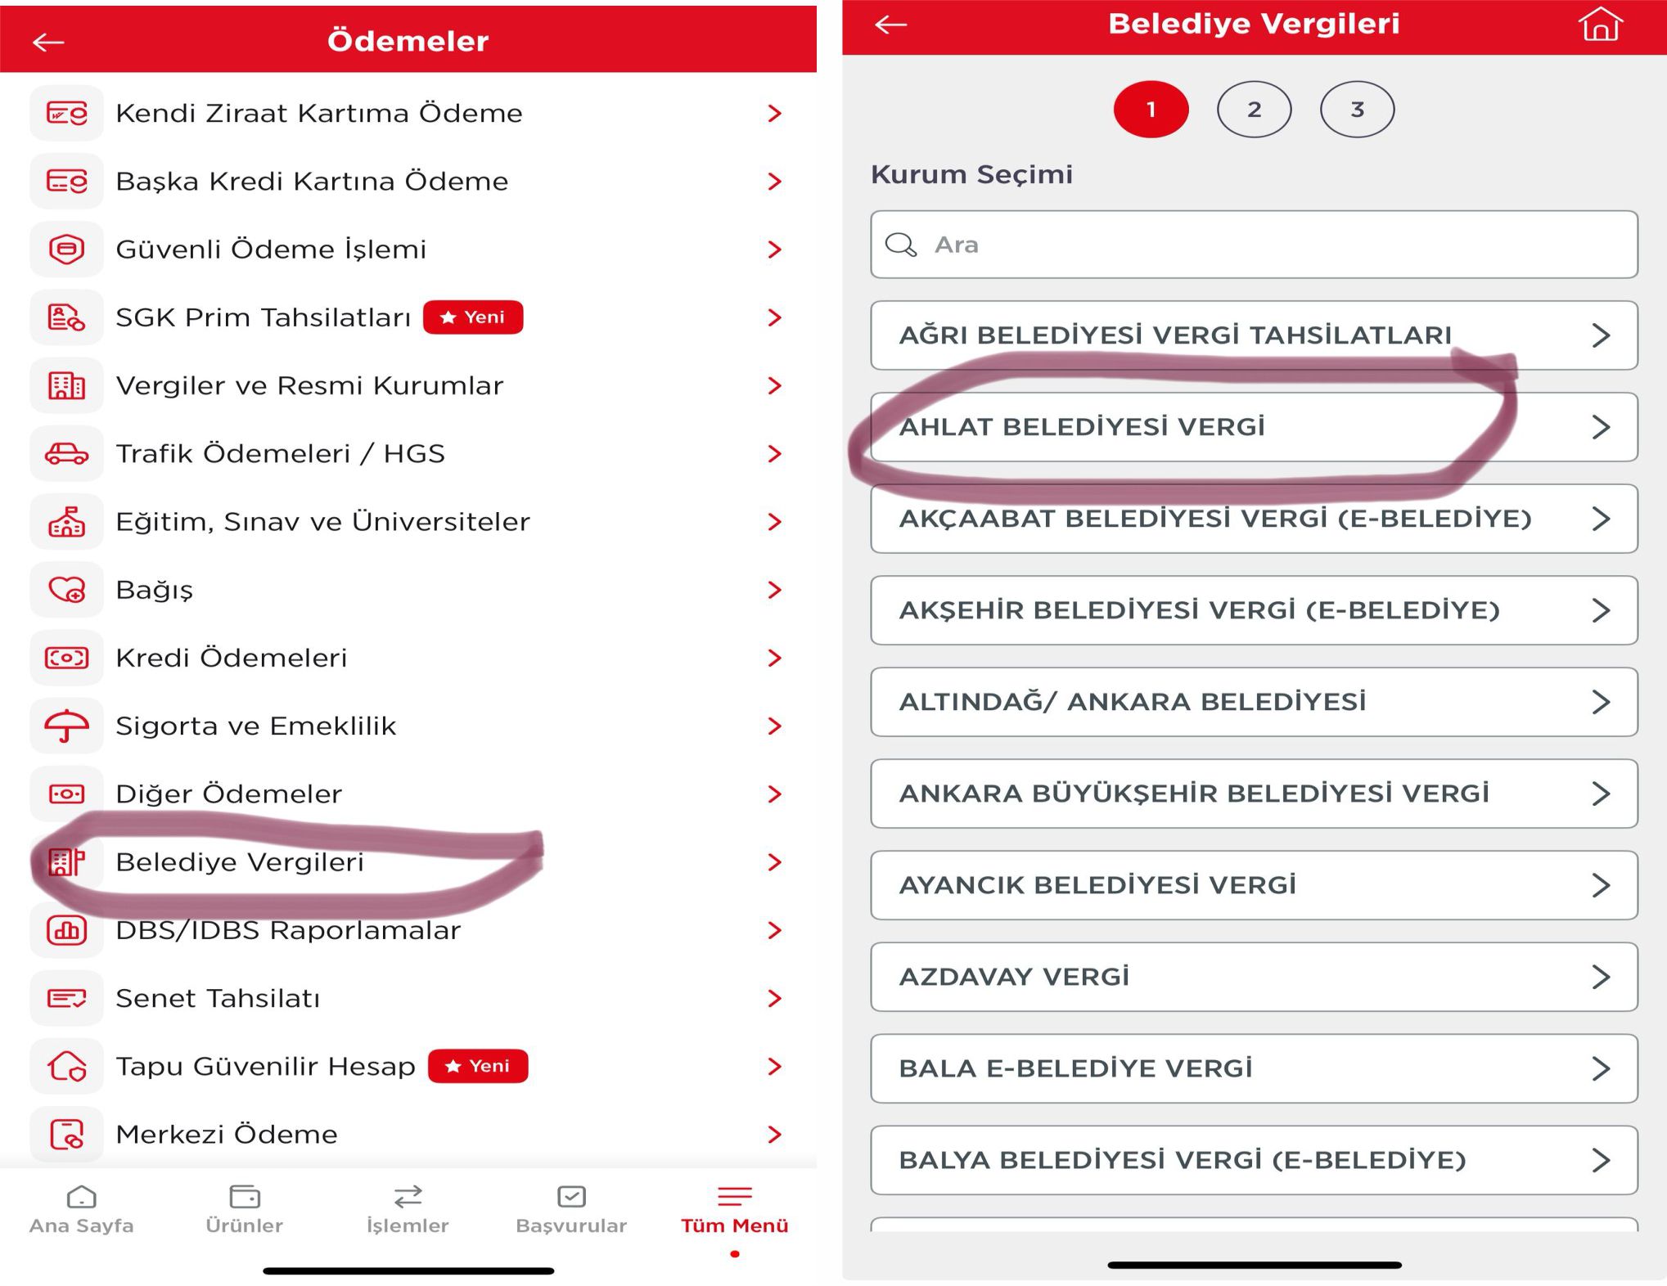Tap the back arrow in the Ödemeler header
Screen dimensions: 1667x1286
click(48, 42)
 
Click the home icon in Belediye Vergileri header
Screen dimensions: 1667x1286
click(1600, 24)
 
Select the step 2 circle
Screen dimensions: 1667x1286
click(1254, 110)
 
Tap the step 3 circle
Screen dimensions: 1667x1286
click(1357, 110)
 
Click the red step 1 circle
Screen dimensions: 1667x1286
click(1151, 110)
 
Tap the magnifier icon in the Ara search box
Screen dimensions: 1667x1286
click(901, 245)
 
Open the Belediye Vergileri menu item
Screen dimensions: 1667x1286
click(240, 862)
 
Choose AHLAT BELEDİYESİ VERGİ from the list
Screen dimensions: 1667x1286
click(1254, 427)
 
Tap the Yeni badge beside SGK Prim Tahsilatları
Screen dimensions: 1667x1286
click(473, 317)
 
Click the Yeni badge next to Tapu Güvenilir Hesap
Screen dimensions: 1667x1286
click(478, 1066)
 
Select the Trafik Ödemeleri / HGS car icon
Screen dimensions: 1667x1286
click(66, 453)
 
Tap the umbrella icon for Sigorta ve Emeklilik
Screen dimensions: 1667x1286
click(66, 726)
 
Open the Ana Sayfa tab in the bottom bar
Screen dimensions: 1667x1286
click(81, 1209)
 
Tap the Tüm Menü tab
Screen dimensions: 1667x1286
click(734, 1209)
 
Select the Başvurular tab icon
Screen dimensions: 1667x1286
click(571, 1196)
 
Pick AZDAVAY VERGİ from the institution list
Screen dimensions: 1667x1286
click(1254, 977)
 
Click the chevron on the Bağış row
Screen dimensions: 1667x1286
click(774, 590)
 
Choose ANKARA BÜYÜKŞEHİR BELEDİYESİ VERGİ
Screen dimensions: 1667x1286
click(1254, 794)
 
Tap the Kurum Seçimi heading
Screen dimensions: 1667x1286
click(971, 174)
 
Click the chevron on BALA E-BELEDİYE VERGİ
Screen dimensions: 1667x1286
click(1601, 1068)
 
